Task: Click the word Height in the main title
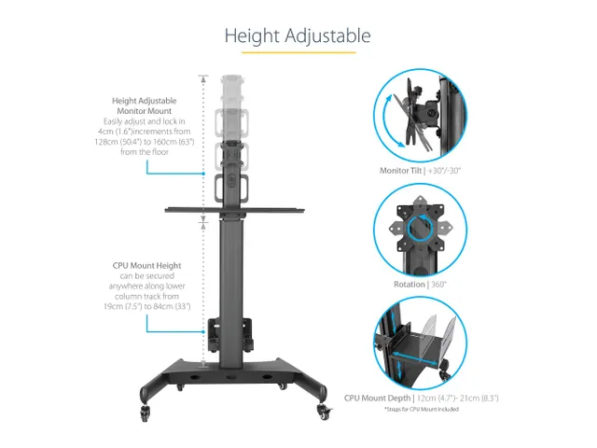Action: (252, 36)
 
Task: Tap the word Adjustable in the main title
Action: (327, 36)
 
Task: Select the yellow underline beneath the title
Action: (298, 52)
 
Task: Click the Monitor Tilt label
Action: (400, 171)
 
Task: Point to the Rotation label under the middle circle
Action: (410, 284)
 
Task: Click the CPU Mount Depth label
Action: (377, 399)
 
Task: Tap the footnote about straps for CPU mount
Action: (422, 409)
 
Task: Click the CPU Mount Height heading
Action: (147, 265)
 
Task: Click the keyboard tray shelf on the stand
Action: (234, 210)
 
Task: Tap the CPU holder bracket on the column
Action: (230, 335)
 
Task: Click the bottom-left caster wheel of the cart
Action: (146, 413)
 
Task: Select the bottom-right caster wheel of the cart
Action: (324, 412)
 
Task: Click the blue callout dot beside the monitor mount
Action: (203, 174)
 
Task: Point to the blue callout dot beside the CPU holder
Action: (203, 332)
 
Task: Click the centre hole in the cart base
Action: (230, 377)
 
